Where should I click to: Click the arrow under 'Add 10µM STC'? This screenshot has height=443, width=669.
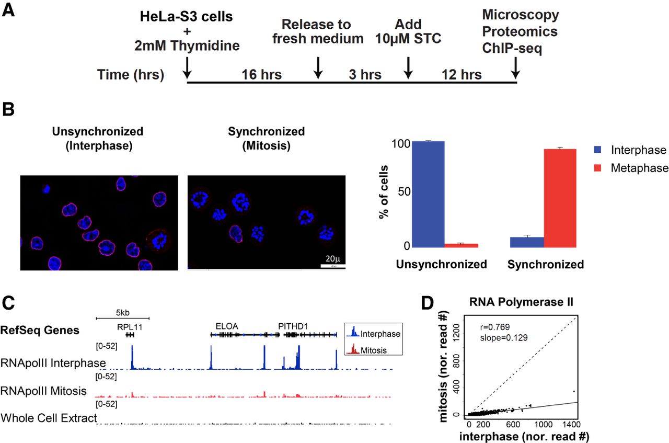pos(409,66)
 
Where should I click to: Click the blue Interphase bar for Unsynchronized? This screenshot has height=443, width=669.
pos(429,194)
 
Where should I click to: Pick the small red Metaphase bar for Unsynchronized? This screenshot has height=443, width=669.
pos(462,245)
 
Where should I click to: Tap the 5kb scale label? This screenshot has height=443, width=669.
pos(122,313)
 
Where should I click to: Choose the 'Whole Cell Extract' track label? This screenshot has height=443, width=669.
pos(49,418)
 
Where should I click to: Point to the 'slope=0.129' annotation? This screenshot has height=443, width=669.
pos(504,338)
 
